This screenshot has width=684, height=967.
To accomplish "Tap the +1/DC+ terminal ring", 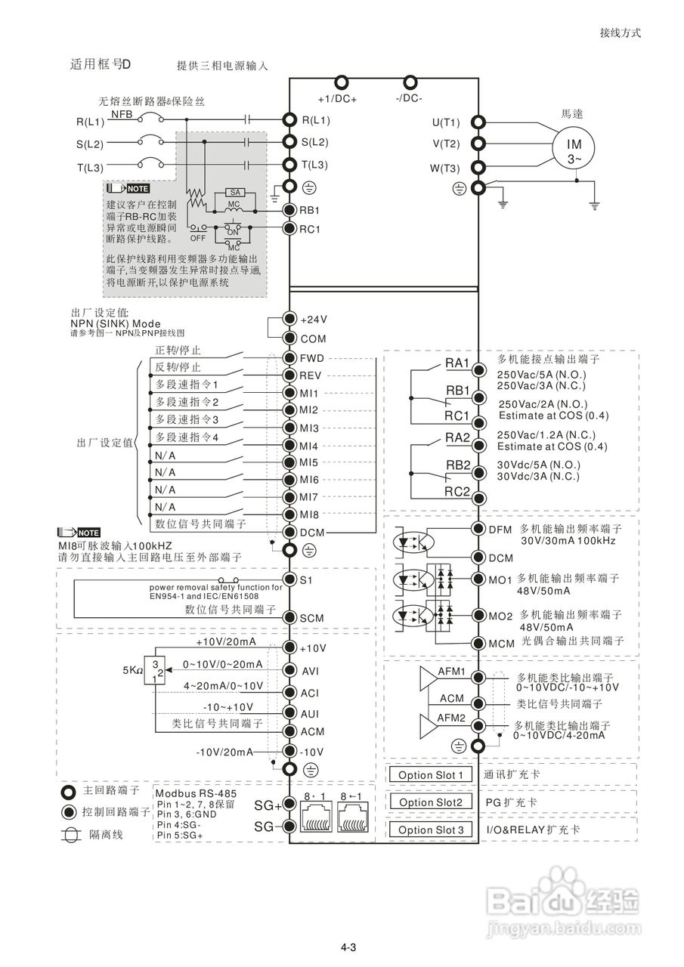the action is tap(341, 82).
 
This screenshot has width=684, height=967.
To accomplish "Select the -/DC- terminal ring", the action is tap(410, 82).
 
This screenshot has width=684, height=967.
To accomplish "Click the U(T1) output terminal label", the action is tap(446, 122).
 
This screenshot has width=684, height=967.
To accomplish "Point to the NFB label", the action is tap(122, 114).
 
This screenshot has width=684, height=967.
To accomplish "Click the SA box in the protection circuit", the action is tap(235, 192).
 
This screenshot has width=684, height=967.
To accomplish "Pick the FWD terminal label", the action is tap(312, 358).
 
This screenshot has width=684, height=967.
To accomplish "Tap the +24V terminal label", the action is tap(314, 320).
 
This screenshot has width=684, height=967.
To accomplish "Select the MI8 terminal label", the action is tap(309, 514).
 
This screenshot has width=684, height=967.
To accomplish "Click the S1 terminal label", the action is tap(306, 580).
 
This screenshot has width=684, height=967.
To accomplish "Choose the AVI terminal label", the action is tap(310, 672).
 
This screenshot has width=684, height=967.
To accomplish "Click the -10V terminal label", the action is tap(311, 752).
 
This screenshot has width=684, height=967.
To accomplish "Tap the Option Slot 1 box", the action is tap(431, 775).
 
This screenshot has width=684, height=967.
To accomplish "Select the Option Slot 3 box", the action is tap(431, 830).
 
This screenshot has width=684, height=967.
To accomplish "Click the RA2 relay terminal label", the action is tap(457, 437).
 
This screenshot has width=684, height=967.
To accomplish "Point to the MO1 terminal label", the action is tap(500, 579).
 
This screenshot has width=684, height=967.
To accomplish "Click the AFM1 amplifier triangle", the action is tap(428, 678).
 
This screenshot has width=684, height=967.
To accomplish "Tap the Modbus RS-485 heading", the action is tap(196, 793).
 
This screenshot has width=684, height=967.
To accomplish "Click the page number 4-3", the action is tap(348, 947).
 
